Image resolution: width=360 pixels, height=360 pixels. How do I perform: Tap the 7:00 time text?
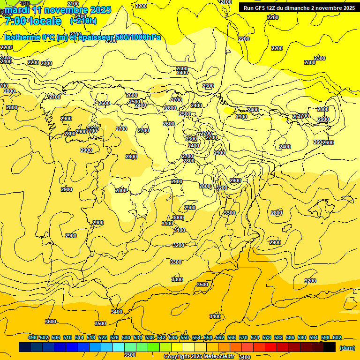point(14,21)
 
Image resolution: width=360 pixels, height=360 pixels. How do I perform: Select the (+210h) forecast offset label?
point(83,21)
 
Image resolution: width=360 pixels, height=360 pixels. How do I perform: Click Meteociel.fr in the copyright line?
point(216,357)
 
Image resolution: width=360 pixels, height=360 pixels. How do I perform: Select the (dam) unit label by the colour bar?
point(347,347)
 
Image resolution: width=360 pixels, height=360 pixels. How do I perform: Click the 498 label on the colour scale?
point(32,337)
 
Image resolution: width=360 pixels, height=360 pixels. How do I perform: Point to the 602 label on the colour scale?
point(337,337)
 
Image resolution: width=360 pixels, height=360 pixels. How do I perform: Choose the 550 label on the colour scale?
point(185,337)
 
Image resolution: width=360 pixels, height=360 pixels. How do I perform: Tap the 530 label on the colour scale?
point(126,337)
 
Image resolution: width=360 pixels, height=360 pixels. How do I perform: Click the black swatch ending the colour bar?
point(330,347)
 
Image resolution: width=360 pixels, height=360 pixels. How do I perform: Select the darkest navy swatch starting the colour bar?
point(25,347)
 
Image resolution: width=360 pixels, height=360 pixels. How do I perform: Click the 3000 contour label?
point(178,217)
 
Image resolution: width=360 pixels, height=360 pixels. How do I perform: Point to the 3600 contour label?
point(51,322)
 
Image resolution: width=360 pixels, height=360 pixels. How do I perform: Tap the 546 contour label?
point(25,3)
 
